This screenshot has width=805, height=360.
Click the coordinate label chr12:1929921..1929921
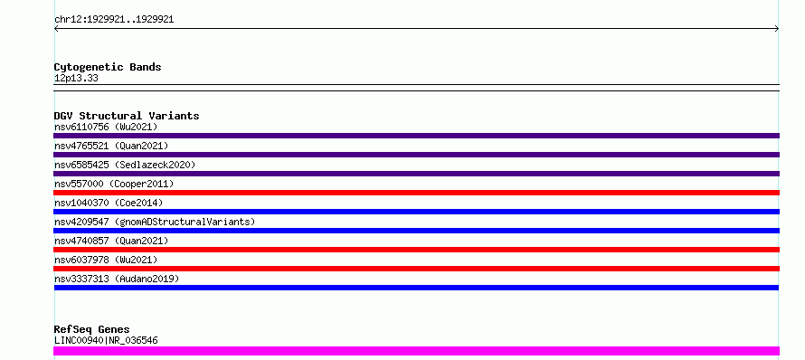tap(114, 20)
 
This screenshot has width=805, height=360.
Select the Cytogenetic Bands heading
tap(108, 67)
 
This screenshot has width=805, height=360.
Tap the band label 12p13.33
tap(76, 79)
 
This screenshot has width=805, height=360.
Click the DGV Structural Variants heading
tap(127, 116)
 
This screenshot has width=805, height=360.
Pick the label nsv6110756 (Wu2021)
tap(106, 127)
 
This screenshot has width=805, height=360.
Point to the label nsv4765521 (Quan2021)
tap(111, 146)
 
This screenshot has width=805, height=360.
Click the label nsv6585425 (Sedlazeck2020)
tap(125, 165)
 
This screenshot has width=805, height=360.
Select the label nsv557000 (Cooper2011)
tap(114, 184)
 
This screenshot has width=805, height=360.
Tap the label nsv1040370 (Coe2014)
tap(109, 203)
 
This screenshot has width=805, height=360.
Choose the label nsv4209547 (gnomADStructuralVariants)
tap(155, 222)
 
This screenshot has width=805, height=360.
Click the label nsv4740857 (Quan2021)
tap(111, 241)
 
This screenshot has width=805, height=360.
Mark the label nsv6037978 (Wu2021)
tap(106, 260)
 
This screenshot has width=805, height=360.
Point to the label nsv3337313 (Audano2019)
tap(117, 279)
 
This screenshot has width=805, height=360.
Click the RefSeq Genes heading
tap(92, 330)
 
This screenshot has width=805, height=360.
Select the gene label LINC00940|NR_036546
tap(106, 340)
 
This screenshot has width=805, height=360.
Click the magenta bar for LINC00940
tap(416, 351)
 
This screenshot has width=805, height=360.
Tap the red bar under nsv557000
tap(416, 193)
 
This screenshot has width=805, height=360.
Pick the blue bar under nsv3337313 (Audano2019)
tap(416, 288)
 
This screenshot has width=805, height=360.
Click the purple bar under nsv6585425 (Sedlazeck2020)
tap(416, 174)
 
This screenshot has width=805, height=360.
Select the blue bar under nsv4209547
tap(416, 231)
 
